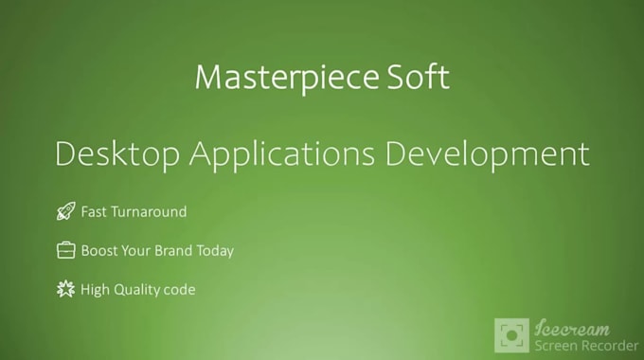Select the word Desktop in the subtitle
(115, 153)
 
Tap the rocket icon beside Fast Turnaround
(65, 212)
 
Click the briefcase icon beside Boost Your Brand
(65, 251)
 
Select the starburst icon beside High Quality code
(65, 289)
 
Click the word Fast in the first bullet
(95, 212)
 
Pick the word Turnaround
(149, 212)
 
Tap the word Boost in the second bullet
(98, 251)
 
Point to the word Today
(216, 251)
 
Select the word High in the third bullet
(96, 289)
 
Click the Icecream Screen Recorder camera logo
(512, 335)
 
